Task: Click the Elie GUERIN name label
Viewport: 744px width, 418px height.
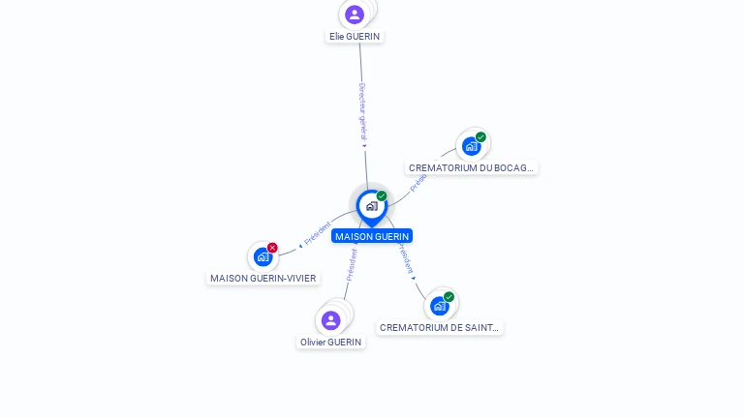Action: (355, 36)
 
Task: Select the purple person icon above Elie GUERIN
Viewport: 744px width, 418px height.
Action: (355, 15)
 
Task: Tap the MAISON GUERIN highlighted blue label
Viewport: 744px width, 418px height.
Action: (372, 236)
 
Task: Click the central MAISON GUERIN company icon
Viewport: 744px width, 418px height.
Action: (371, 205)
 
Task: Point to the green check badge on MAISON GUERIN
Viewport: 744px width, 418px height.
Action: (382, 195)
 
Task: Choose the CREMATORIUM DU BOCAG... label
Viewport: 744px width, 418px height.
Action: (471, 167)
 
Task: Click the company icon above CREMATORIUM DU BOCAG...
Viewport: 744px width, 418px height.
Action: (471, 146)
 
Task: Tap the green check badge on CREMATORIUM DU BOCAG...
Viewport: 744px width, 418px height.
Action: (480, 136)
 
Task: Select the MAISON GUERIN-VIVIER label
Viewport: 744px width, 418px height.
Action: (263, 278)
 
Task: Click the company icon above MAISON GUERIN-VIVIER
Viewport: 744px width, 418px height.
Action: (263, 256)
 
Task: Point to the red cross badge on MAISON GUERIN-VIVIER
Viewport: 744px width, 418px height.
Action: (272, 248)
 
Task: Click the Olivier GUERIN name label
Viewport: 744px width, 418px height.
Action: (331, 342)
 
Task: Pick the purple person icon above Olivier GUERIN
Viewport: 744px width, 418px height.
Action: (331, 320)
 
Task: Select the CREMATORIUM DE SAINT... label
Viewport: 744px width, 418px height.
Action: (440, 327)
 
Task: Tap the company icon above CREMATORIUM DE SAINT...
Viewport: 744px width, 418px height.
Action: (440, 306)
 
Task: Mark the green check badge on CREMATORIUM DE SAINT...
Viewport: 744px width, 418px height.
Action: (449, 297)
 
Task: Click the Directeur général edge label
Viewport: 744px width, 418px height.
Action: (362, 113)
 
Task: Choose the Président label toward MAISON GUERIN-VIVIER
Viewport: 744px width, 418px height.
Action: (316, 233)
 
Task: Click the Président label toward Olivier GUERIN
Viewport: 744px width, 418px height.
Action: (352, 263)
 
